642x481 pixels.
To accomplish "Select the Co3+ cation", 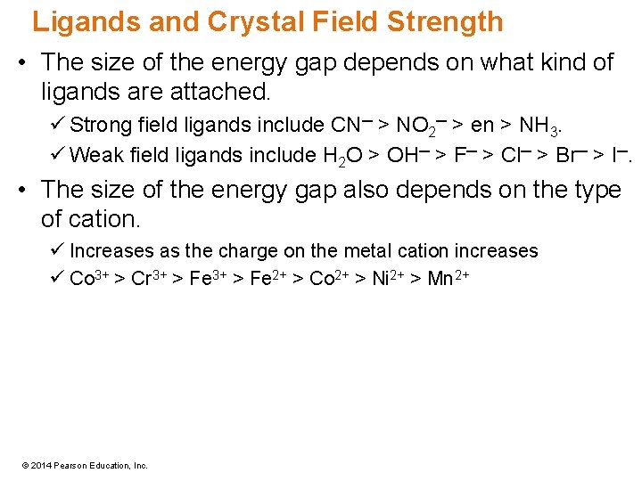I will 87,278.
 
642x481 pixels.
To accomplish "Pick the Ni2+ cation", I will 386,278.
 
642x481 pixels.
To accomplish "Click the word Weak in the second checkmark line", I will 90,156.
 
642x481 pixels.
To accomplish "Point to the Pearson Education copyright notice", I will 86,465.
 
